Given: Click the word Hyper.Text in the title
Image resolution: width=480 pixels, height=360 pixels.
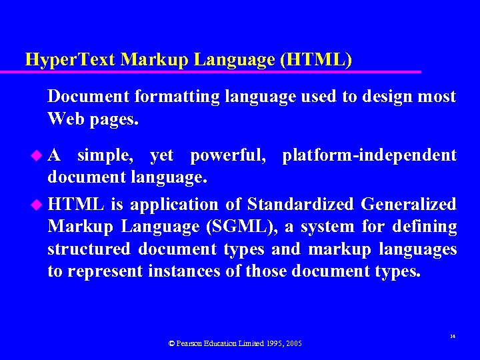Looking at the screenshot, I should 63,60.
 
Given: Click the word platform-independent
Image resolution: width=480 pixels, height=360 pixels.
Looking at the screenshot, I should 369,156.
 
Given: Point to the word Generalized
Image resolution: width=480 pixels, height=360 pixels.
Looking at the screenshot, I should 409,204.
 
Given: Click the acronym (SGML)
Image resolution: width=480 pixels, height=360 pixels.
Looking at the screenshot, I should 241,227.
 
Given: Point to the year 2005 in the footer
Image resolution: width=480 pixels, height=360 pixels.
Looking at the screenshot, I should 294,343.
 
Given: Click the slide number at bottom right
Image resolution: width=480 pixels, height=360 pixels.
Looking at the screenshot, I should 452,337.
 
